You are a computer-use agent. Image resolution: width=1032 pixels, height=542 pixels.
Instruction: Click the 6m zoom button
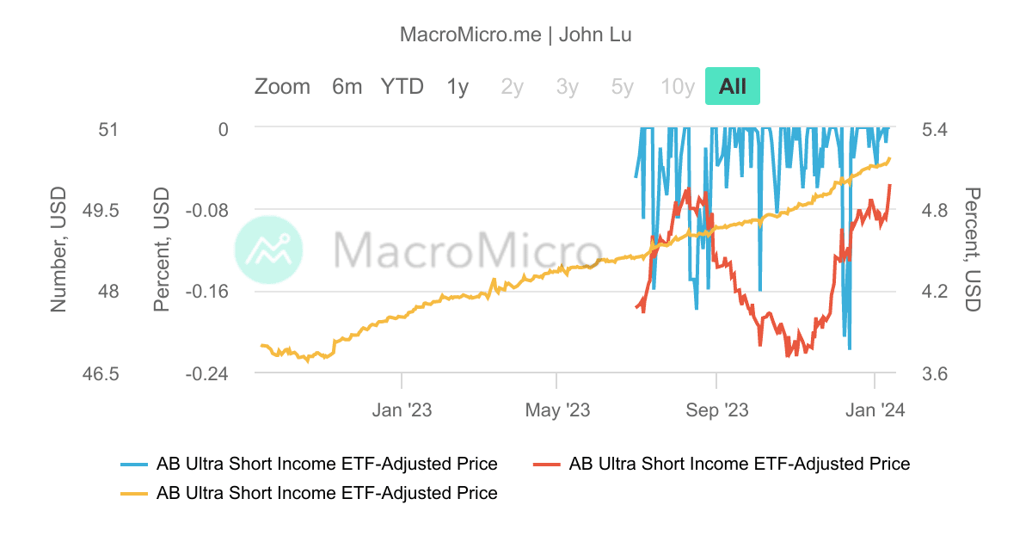point(347,86)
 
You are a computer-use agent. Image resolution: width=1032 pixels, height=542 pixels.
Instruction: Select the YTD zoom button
point(402,86)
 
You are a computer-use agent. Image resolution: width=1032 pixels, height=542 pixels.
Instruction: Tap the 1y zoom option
point(458,86)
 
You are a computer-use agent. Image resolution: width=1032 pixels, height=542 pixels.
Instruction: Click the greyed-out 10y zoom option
point(678,86)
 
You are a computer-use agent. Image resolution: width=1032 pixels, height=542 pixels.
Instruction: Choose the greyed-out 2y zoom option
point(512,86)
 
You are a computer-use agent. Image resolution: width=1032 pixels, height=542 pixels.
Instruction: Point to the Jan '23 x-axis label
point(402,410)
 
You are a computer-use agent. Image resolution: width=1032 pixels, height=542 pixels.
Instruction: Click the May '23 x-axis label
point(556,410)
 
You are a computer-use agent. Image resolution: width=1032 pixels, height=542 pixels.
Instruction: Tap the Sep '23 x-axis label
point(718,410)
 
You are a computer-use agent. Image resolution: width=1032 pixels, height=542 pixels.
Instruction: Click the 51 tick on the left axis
point(108,129)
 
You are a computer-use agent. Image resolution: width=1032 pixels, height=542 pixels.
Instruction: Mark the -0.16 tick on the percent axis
point(206,292)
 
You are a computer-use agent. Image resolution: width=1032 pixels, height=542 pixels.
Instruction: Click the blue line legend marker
point(134,464)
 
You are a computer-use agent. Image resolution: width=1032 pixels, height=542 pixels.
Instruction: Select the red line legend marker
point(547,464)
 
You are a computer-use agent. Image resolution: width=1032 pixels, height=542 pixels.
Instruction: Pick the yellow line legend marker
point(134,493)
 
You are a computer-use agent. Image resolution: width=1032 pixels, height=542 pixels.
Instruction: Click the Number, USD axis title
point(58,250)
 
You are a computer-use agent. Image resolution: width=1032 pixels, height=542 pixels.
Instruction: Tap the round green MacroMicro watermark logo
point(269,250)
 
